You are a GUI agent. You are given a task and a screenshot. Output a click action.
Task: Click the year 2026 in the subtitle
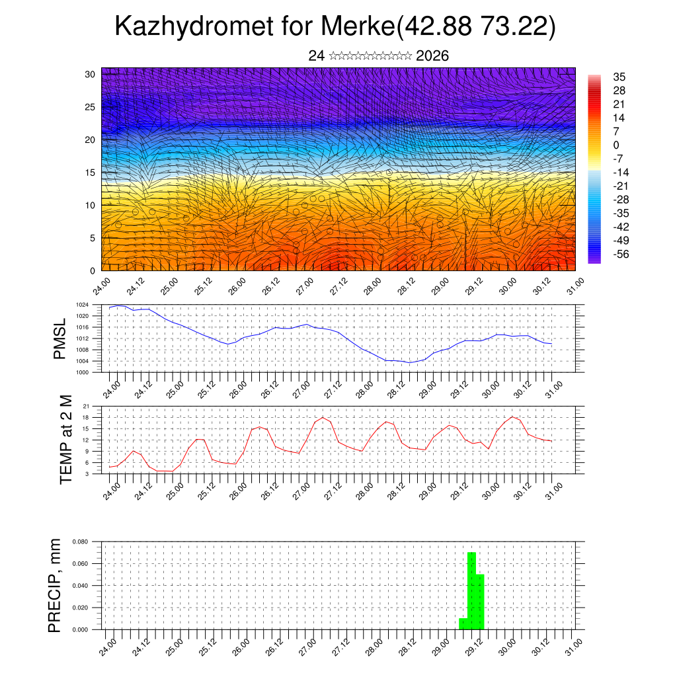tap(432, 56)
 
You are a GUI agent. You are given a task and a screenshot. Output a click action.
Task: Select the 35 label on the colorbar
tap(619, 77)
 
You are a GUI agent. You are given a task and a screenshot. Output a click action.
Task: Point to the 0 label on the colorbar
tap(616, 145)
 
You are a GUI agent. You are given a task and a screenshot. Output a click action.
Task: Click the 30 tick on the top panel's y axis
tap(90, 74)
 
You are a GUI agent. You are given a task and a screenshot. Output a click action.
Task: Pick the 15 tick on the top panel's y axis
tap(90, 173)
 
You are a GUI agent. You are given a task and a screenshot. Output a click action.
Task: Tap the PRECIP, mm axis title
tap(56, 585)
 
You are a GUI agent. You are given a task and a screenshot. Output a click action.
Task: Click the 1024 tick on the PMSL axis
tap(82, 305)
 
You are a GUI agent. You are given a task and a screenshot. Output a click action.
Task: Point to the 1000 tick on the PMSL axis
tap(82, 372)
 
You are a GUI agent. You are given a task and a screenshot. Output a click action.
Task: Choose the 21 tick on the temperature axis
tap(86, 406)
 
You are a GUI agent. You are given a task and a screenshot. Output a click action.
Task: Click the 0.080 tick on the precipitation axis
tap(81, 541)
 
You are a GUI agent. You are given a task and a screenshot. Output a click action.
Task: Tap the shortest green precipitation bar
tap(463, 623)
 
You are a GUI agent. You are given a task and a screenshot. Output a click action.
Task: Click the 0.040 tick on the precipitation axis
tap(81, 586)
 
